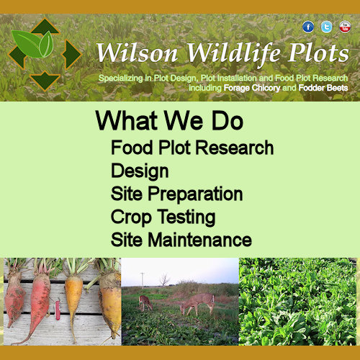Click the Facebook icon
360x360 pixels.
tap(308, 27)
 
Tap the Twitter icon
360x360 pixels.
tap(326, 27)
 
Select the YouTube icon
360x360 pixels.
tap(345, 27)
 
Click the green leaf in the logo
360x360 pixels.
tap(32, 44)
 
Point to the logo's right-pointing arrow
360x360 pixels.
tap(71, 55)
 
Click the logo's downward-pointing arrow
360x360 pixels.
tap(45, 81)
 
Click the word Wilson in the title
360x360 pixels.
tap(138, 53)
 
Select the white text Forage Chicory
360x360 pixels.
tap(252, 88)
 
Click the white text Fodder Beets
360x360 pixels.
tap(323, 88)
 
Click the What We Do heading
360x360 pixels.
tap(169, 120)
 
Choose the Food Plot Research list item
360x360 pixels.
tap(192, 148)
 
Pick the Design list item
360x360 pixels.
tap(140, 171)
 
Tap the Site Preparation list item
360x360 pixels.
tap(176, 194)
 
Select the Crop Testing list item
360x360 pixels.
tap(163, 217)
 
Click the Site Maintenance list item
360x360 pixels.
tap(181, 240)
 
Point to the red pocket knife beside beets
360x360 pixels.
tap(58, 310)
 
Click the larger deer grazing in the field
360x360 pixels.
tap(197, 304)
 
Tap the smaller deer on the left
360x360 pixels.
tap(145, 303)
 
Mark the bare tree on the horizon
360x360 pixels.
tap(164, 279)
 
